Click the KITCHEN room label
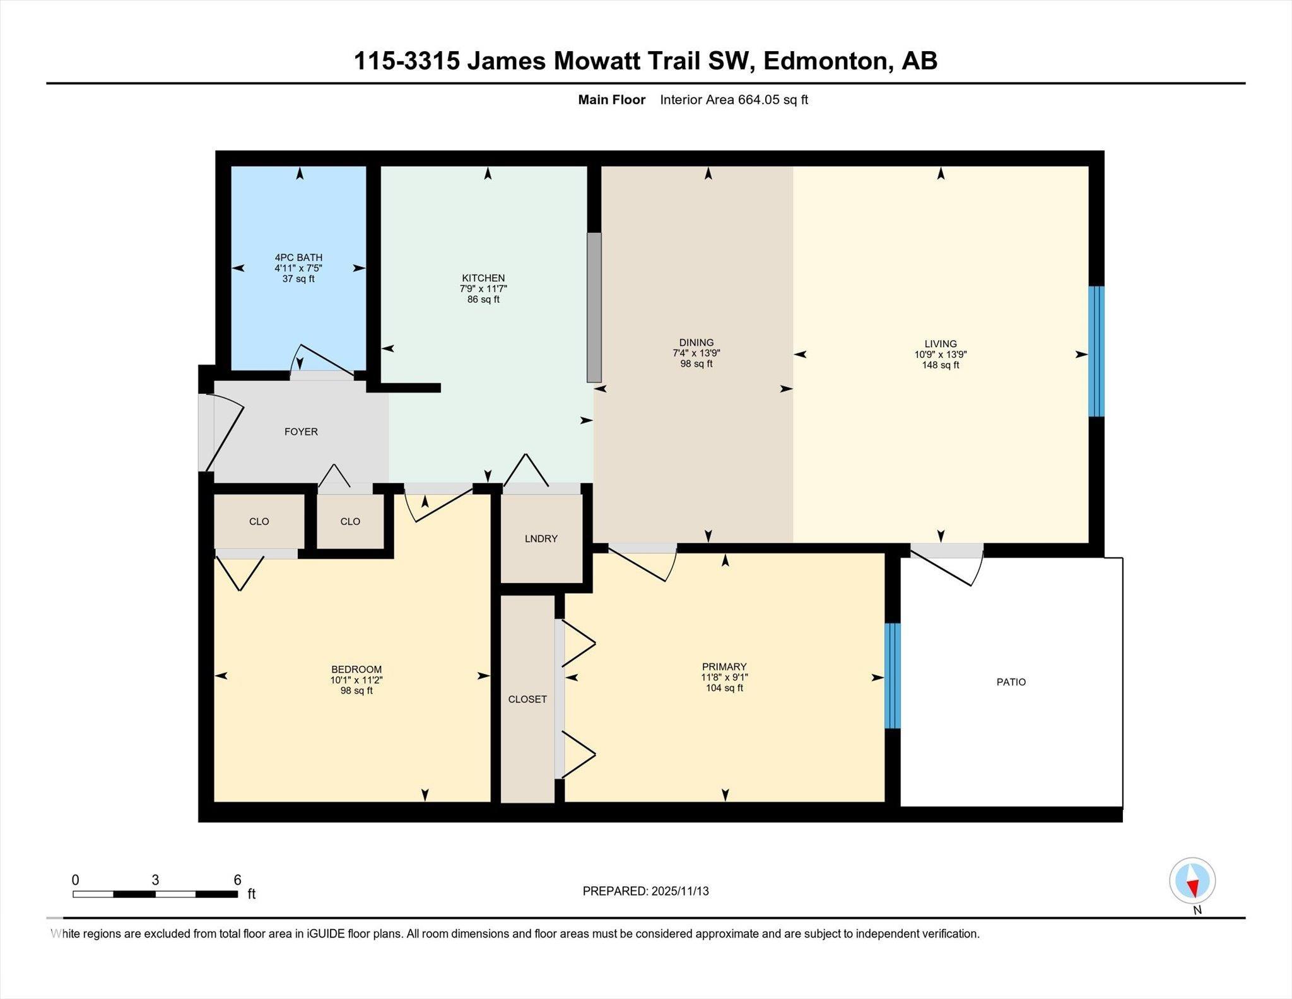(x=483, y=278)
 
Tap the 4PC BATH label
(x=298, y=257)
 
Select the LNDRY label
(x=541, y=538)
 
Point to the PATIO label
(x=1011, y=682)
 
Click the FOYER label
(x=301, y=432)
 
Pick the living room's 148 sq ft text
(x=941, y=365)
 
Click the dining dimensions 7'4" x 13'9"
(x=696, y=353)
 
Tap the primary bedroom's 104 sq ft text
(x=724, y=688)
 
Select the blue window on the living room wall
(x=1097, y=352)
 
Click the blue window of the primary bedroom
(x=893, y=676)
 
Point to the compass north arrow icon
(x=1192, y=881)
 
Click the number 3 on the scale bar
(x=155, y=880)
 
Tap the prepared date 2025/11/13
(x=680, y=891)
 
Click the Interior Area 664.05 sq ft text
(x=734, y=100)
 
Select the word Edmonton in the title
(x=826, y=61)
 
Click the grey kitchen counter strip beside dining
(x=594, y=307)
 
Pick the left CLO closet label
(x=259, y=521)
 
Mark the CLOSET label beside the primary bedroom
(x=527, y=699)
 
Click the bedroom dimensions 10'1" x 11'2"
(x=356, y=680)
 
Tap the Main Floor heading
(x=612, y=100)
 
